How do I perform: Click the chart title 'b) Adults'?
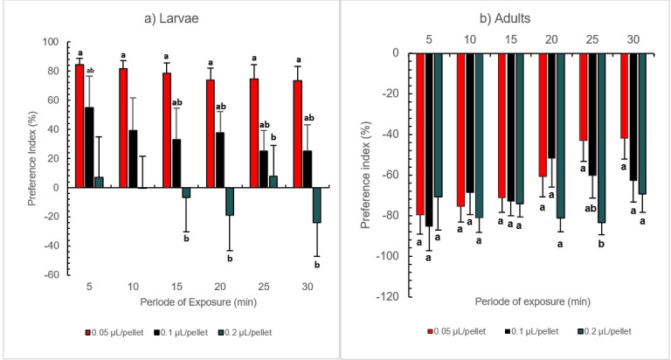(497, 17)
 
